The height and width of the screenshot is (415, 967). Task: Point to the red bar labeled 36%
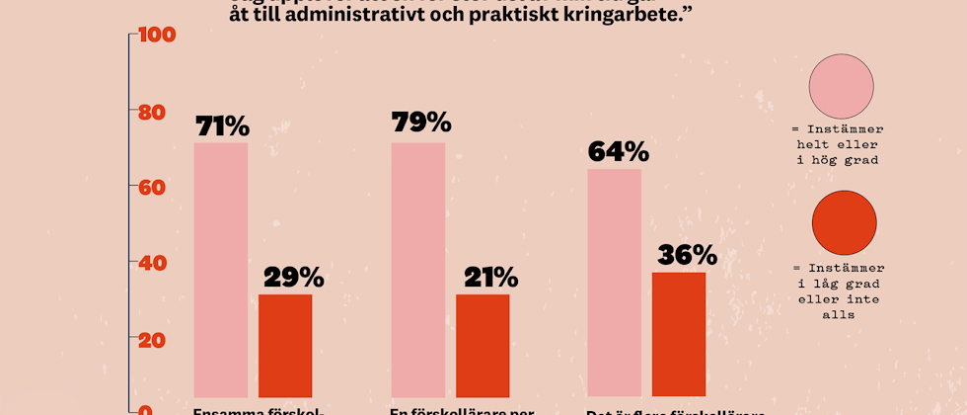679,335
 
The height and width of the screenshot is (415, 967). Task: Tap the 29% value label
293,278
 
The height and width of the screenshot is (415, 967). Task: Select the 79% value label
421,123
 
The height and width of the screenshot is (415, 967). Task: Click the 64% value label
618,152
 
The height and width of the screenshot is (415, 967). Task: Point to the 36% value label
687,255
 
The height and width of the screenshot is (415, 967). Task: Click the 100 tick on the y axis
157,36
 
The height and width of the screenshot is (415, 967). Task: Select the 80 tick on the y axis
152,112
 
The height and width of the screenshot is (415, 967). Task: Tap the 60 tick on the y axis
152,188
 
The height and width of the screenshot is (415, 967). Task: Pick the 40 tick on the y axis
152,264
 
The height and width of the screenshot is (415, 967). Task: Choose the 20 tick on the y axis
152,340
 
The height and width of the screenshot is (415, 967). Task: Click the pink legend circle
841,87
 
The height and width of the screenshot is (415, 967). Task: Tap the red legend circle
844,223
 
